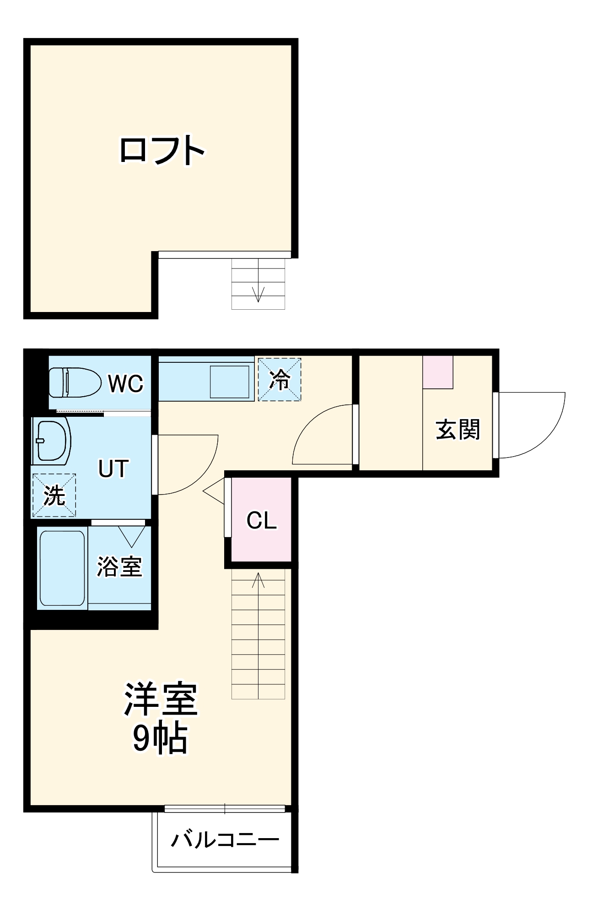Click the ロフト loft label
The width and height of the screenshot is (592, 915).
[x=162, y=150]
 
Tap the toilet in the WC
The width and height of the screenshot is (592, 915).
[x=75, y=382]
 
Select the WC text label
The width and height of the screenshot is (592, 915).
[x=126, y=383]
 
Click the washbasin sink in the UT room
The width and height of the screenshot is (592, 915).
[x=52, y=441]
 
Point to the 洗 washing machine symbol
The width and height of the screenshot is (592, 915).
[x=54, y=495]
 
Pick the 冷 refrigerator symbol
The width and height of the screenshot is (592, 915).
[x=280, y=379]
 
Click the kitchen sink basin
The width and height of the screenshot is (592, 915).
[x=230, y=382]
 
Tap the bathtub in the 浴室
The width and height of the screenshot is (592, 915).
[x=62, y=568]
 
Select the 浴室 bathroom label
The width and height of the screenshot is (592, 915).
[x=119, y=566]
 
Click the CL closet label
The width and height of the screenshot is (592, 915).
[x=262, y=520]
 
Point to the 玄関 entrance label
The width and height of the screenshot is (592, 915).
[x=458, y=430]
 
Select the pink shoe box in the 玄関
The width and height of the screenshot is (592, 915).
[x=438, y=372]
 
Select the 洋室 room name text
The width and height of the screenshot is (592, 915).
[x=161, y=699]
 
